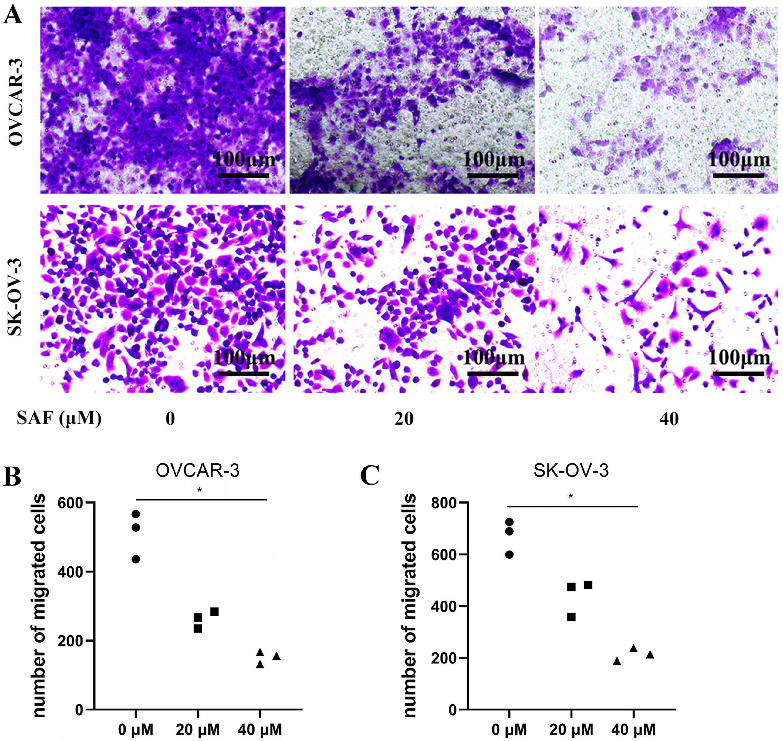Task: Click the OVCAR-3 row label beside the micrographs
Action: [16, 102]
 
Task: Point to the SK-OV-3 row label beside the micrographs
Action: [16, 297]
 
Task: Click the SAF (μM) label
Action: [59, 418]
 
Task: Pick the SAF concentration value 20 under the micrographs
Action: [404, 419]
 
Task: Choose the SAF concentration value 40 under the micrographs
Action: [669, 419]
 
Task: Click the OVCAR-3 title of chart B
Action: [198, 470]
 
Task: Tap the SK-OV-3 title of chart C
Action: [571, 470]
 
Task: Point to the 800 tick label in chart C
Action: [444, 504]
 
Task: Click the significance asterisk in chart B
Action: [200, 491]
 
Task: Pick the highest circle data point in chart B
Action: [136, 514]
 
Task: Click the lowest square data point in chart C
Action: [571, 617]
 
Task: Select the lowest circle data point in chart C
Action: [510, 555]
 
